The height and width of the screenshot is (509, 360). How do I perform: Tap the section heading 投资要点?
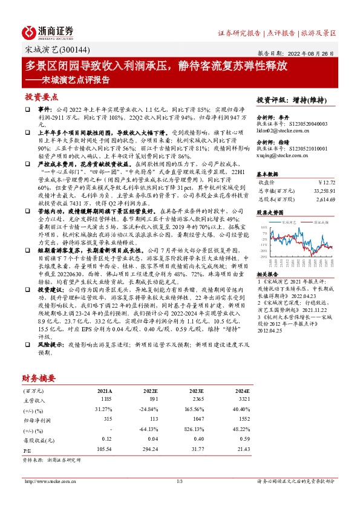[x=41, y=97]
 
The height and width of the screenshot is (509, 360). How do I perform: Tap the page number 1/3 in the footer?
[x=180, y=481]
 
